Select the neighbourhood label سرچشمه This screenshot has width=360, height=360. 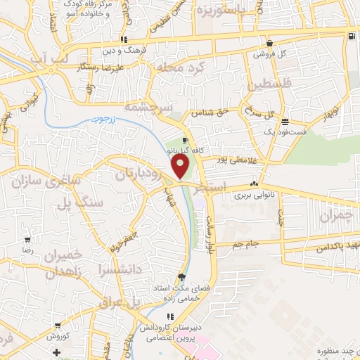pyautogui.click(x=145, y=108)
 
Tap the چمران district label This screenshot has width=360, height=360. pyautogui.click(x=335, y=215)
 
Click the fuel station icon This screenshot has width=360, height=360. pyautogui.click(x=350, y=36)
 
